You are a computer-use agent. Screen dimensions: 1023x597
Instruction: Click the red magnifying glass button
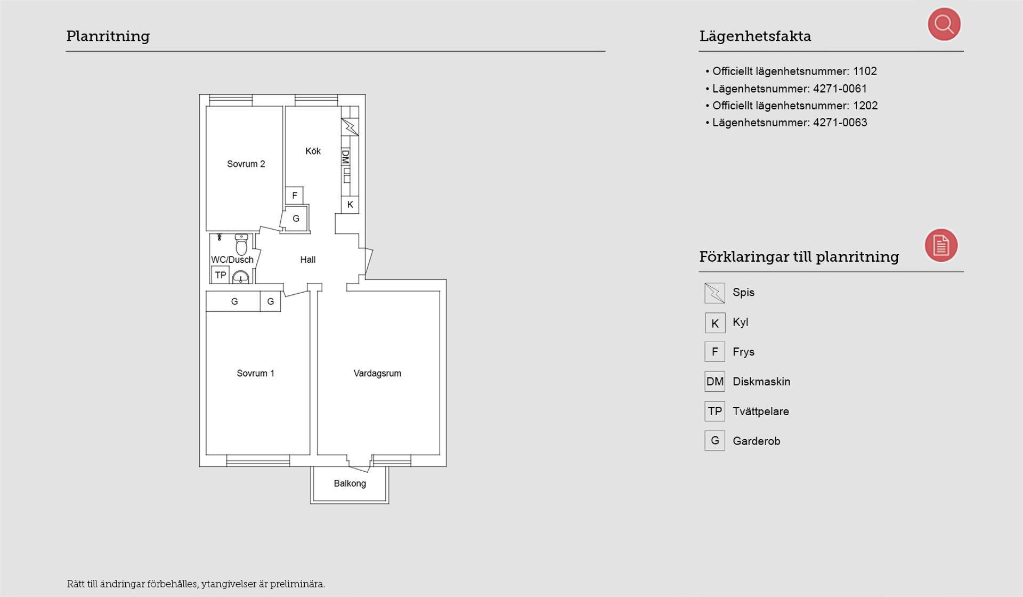pos(944,24)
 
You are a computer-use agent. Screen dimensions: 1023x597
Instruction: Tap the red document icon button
pos(941,245)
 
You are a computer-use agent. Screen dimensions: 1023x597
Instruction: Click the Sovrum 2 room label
pos(246,164)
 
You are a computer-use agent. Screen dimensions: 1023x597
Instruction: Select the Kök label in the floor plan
pos(313,151)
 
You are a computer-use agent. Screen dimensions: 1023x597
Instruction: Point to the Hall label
pos(307,260)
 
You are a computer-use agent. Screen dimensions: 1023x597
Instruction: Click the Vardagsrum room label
pos(377,373)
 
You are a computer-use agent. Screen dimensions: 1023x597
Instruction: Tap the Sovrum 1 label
pos(255,373)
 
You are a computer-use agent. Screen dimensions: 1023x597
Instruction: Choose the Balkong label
pos(350,483)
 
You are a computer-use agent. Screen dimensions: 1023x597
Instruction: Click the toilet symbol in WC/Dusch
pos(241,244)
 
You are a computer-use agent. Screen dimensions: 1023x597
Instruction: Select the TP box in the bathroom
pos(221,275)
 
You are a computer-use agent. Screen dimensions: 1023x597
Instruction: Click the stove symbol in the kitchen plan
pos(350,127)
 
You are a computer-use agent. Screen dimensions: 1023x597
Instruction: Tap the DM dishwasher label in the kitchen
pos(345,157)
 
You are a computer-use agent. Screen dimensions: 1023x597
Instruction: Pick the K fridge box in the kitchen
pos(350,204)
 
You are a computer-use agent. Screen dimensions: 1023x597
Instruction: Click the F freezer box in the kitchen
pos(294,196)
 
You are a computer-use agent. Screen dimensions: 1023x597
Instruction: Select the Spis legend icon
pos(715,293)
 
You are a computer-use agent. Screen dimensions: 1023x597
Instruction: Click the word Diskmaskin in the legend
pos(761,382)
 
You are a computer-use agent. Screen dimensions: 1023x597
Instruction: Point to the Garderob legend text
pos(756,441)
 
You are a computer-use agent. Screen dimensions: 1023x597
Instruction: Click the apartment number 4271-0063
pos(840,123)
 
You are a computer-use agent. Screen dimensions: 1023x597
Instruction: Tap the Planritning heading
pos(108,36)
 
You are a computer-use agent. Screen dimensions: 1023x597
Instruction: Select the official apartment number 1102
pos(865,71)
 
